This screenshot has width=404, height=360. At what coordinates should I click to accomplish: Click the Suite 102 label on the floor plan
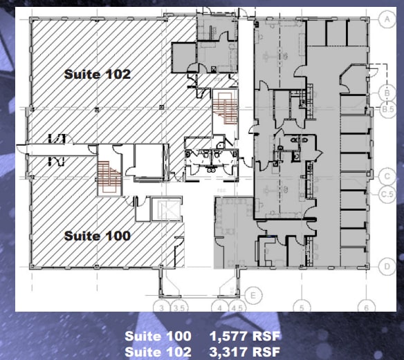tap(98, 74)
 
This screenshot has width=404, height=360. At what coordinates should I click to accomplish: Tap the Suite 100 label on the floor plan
tap(98, 236)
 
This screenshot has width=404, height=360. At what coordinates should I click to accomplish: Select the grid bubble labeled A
tap(387, 21)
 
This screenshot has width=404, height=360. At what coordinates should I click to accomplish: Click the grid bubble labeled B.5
tap(387, 108)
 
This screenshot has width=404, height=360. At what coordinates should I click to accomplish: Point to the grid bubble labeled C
tap(387, 176)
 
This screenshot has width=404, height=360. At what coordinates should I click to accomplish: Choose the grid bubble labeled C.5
tap(387, 194)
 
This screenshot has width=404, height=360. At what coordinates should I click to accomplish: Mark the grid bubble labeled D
tap(387, 265)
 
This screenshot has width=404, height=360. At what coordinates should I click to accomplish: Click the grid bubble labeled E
tap(253, 296)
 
